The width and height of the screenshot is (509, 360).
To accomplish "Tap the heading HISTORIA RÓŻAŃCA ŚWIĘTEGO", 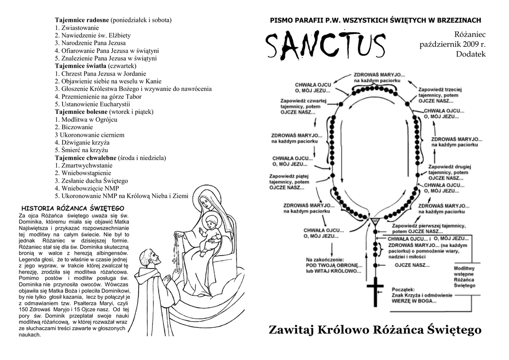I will [73, 208].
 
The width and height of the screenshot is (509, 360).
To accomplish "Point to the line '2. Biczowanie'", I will [74, 127].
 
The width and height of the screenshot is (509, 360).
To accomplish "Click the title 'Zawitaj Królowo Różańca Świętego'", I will [375, 330].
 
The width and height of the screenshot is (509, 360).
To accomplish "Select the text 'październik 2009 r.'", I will [452, 44].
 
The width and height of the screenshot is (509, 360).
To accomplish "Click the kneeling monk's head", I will [150, 259].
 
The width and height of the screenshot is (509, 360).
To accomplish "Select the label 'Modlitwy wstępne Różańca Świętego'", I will [465, 277].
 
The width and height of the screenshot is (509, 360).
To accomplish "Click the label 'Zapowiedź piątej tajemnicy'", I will [291, 182].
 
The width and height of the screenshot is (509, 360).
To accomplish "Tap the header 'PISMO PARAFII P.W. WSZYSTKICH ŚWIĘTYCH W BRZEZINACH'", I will [375, 20].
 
